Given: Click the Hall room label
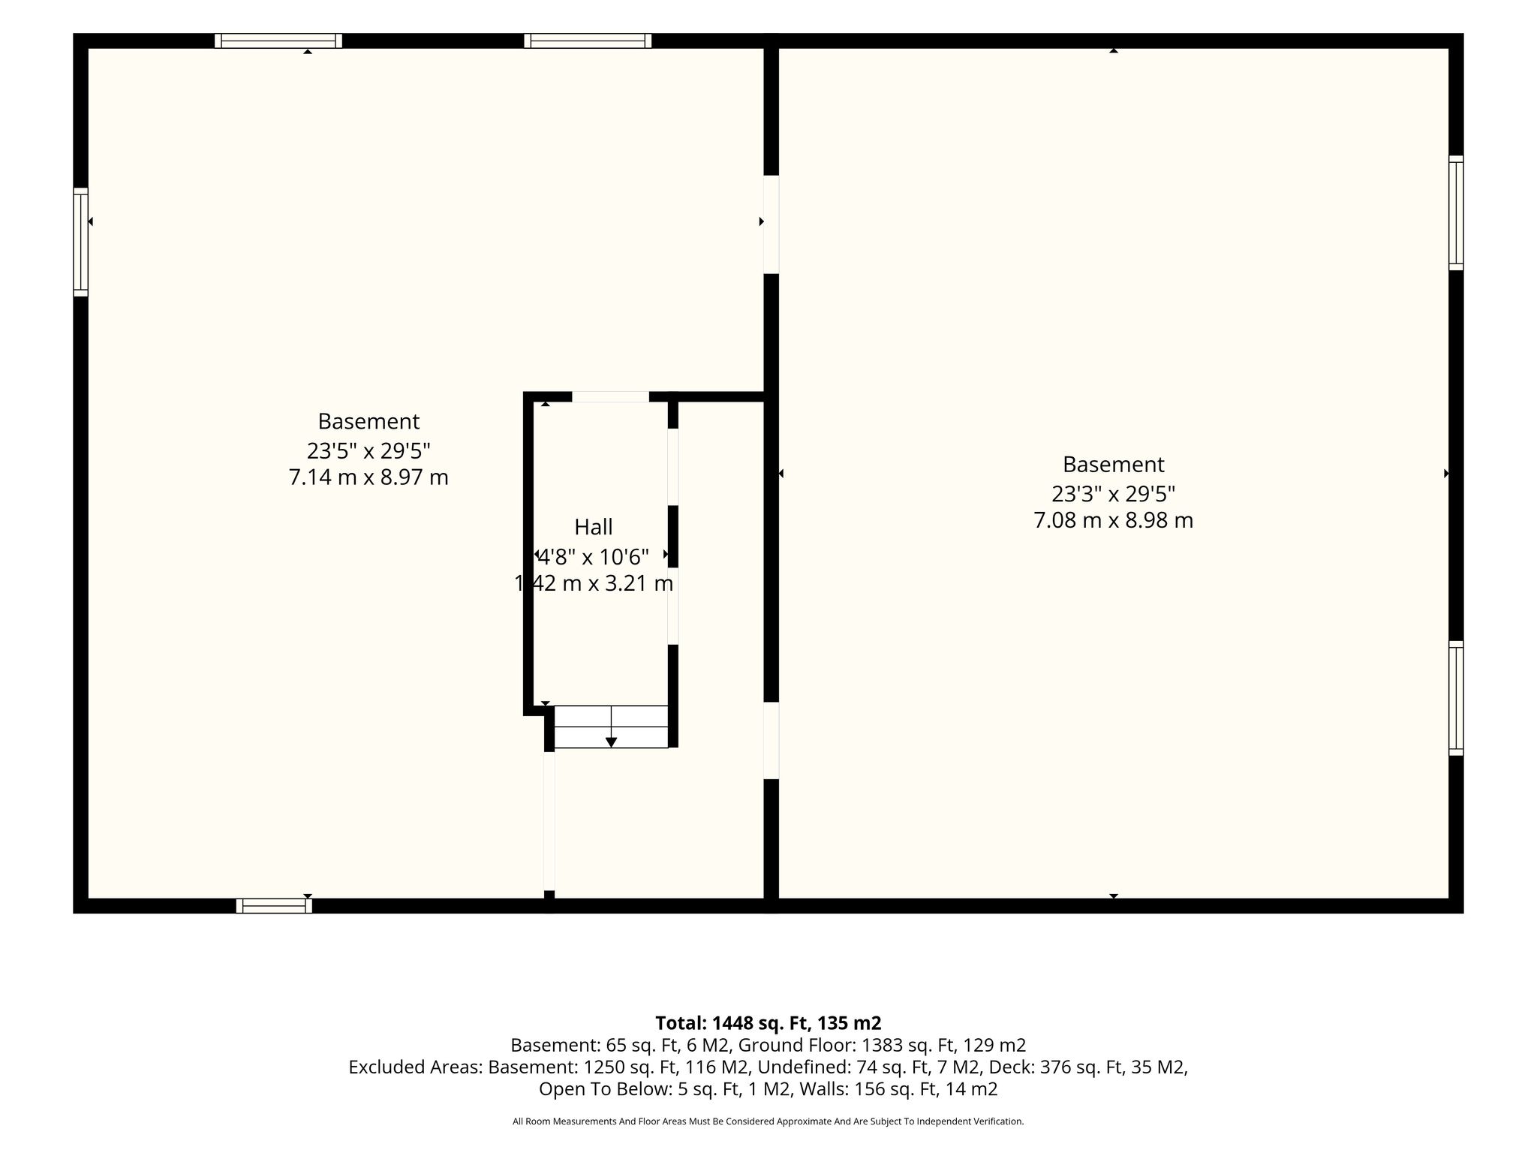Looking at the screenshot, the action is (594, 527).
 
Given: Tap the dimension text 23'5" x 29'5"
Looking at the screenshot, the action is (368, 450).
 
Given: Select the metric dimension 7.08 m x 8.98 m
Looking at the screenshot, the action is (1114, 520).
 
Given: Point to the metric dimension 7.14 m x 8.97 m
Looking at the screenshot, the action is (368, 477).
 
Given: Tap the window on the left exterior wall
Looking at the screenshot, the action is (80, 242).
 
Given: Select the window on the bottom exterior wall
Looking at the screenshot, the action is (274, 906).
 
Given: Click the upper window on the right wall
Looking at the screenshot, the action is (1456, 213).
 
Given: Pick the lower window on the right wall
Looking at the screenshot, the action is (1456, 698).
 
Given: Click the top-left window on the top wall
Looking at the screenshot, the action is (278, 41).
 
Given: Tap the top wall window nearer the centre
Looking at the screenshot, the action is (588, 41).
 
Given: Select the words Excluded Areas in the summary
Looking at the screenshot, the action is (415, 1067).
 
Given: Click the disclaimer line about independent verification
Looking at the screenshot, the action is (768, 1121).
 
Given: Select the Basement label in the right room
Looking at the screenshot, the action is (1114, 465).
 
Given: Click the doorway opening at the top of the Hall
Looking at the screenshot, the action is (611, 397).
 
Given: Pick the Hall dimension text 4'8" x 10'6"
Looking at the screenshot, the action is (594, 557).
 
